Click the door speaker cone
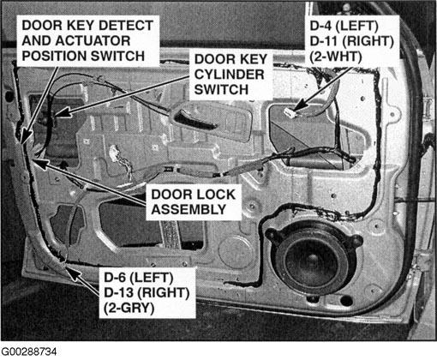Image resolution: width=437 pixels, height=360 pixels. tap(312, 262)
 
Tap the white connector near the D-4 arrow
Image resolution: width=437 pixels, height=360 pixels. tap(290, 113)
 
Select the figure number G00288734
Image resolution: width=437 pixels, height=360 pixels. tap(29, 351)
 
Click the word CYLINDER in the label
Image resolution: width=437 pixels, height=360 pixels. tap(229, 75)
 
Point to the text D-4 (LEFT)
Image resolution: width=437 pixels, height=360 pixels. tap(344, 26)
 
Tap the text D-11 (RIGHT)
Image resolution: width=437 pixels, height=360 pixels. tap(352, 41)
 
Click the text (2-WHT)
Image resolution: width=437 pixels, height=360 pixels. tap(336, 57)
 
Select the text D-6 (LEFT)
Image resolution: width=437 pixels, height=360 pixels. tap(139, 278)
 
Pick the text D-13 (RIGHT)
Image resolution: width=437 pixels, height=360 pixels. tap(147, 292)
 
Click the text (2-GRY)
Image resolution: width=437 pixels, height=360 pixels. tap(129, 308)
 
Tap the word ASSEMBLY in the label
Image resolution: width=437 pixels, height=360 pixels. tap(189, 209)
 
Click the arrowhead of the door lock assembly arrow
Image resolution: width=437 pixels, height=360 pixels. tap(40, 164)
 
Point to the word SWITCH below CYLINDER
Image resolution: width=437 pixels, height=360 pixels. tap(221, 90)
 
